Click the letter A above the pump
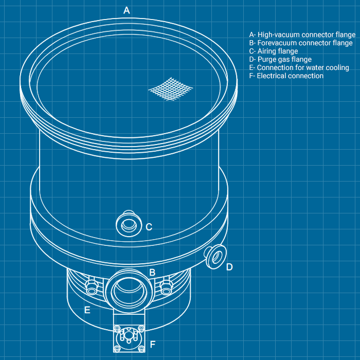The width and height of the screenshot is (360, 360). [x=127, y=10]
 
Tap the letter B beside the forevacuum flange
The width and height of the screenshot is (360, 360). [x=152, y=272]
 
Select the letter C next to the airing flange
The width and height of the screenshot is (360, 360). [x=149, y=227]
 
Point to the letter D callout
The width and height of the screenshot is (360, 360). [x=229, y=267]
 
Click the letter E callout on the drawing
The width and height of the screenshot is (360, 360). [x=87, y=310]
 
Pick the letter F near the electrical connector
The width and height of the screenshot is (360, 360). [x=153, y=345]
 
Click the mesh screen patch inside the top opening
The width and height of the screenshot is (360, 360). [x=171, y=89]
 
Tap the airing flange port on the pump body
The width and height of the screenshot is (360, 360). [x=129, y=224]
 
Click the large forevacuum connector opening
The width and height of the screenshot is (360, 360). [x=129, y=292]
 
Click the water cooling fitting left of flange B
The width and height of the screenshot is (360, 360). [x=92, y=286]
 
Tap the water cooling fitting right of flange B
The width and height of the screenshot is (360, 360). [x=166, y=286]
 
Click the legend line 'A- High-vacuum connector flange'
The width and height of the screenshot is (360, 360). [x=302, y=34]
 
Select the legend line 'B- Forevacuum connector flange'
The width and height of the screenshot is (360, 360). [x=301, y=43]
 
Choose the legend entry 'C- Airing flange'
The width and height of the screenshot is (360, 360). [x=274, y=51]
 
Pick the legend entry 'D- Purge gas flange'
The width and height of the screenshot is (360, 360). [x=280, y=60]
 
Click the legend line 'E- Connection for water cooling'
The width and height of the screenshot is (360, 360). [x=299, y=68]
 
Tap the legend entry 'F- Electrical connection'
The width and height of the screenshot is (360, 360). [x=286, y=76]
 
